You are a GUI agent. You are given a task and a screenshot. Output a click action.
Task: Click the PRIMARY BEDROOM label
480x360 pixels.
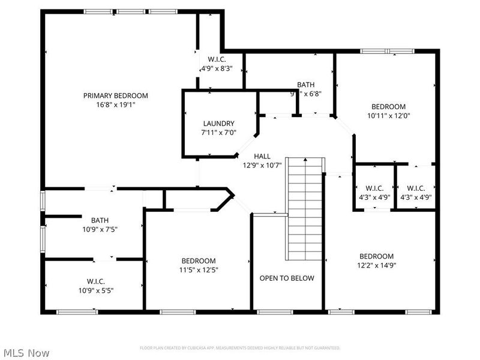115,95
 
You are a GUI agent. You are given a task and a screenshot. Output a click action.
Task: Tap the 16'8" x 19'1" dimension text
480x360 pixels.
115,104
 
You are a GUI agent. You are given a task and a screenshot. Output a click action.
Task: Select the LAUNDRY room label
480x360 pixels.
218,124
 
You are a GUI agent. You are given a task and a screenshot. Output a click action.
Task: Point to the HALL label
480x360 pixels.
262,156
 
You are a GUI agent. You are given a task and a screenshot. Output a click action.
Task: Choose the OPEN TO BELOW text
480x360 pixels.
287,278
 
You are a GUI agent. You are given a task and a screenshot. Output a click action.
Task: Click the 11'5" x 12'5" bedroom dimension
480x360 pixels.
199,269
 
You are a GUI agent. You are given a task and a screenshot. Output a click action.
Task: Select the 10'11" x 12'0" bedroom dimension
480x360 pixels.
388,115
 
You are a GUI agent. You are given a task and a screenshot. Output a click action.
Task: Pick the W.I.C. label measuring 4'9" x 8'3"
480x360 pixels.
217,59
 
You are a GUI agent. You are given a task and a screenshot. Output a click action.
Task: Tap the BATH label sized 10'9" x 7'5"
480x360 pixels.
100,220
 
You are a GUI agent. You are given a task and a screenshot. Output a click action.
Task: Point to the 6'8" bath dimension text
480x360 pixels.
306,94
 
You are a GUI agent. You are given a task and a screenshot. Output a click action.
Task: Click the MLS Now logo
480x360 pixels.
26,353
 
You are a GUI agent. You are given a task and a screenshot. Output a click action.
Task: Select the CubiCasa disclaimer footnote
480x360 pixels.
240,348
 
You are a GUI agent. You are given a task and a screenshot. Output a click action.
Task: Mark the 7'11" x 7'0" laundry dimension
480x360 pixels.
218,132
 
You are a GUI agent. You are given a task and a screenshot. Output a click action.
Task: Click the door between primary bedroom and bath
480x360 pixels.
103,189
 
